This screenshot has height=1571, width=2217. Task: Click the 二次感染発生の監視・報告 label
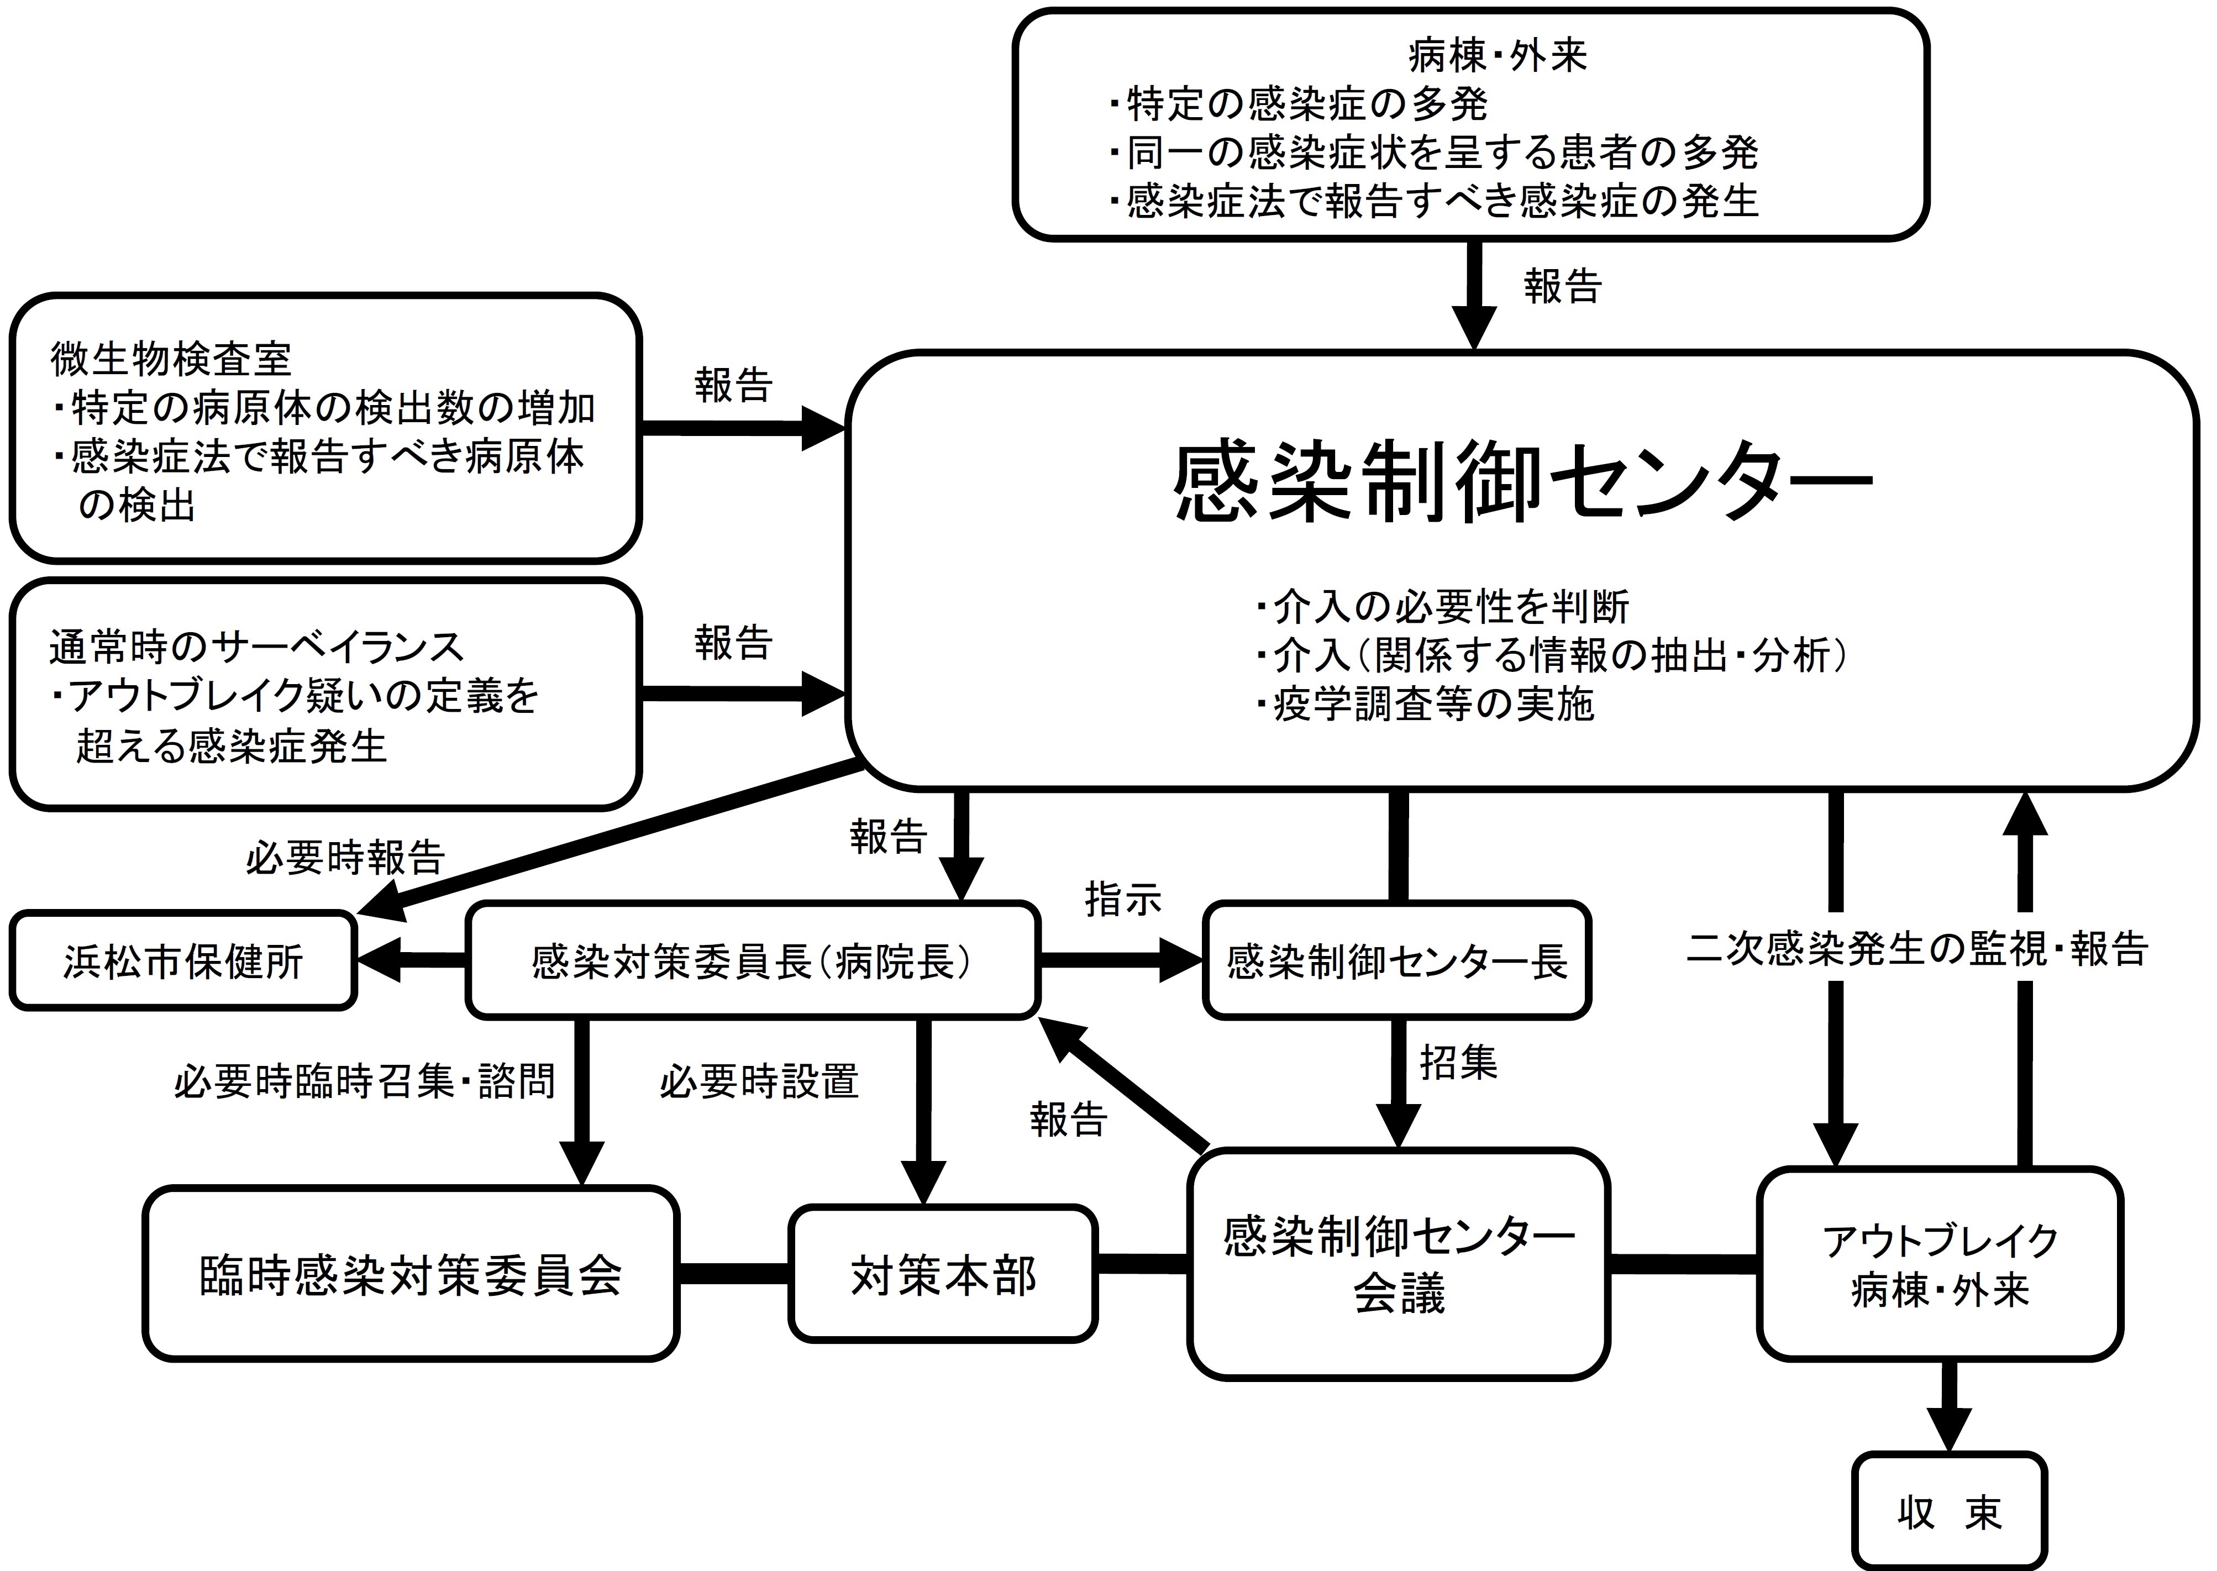(x=1917, y=949)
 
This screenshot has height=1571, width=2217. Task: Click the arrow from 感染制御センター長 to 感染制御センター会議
(x=1397, y=1084)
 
